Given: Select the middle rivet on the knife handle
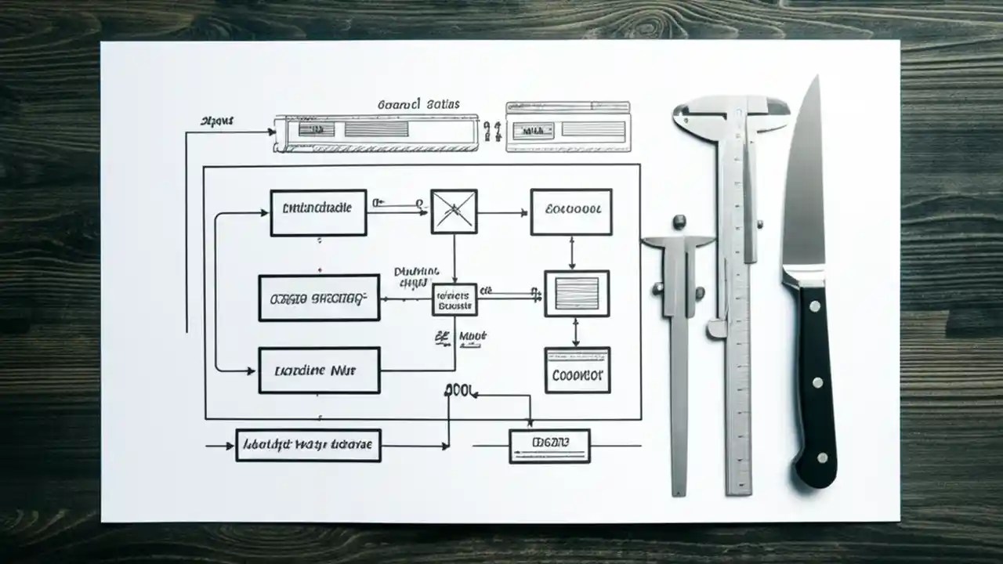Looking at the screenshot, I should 817,383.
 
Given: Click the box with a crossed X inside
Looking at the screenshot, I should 454,211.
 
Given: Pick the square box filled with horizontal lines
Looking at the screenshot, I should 577,293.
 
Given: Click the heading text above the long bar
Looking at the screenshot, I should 418,104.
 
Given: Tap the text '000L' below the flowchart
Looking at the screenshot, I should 461,389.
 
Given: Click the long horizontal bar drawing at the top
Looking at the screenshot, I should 375,132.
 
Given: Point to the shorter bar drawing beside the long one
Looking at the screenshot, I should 568,125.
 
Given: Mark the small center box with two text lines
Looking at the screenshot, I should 454,300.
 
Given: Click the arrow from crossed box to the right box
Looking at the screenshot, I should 502,212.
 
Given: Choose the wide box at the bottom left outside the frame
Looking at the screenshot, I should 308,445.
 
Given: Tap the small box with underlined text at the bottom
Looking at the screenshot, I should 549,446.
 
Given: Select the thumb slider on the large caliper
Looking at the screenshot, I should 716,328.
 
